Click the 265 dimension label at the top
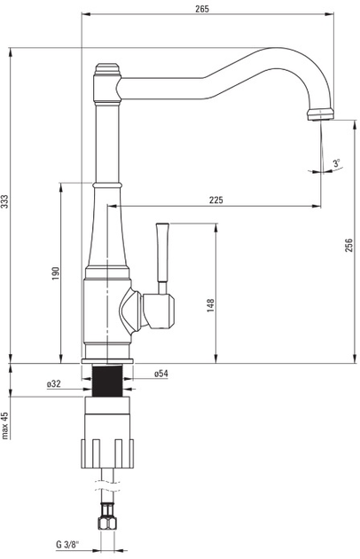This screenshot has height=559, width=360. [x=202, y=9]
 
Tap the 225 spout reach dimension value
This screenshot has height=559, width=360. [x=216, y=200]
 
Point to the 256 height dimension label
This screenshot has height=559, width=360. [x=348, y=245]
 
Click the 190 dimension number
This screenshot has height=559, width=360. [x=56, y=273]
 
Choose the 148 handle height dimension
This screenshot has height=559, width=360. [x=211, y=306]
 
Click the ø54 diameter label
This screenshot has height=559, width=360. [x=161, y=374]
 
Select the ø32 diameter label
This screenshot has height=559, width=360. [x=54, y=384]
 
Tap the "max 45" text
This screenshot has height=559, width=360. [x=4, y=426]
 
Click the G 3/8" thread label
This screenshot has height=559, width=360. [x=67, y=545]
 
